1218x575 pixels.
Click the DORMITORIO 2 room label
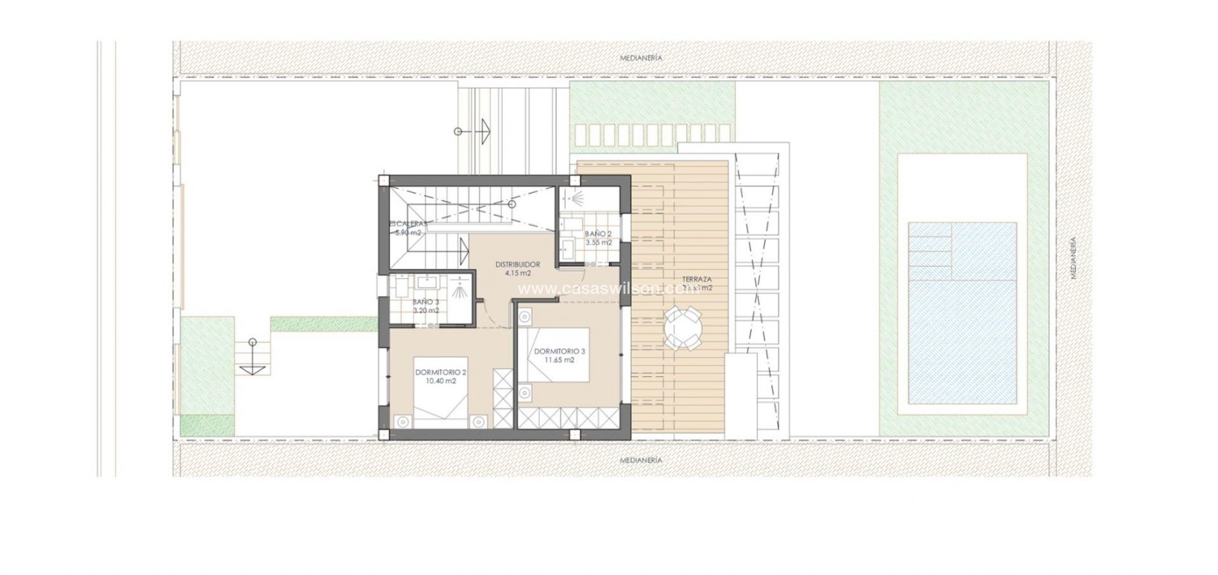pyautogui.click(x=442, y=372)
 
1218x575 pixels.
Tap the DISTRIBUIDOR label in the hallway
pyautogui.click(x=518, y=264)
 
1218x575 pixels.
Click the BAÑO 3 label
pyautogui.click(x=425, y=301)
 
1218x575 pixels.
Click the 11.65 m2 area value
pyautogui.click(x=559, y=360)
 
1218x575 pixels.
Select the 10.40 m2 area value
pyautogui.click(x=442, y=381)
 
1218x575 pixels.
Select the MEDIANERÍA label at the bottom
pyautogui.click(x=640, y=460)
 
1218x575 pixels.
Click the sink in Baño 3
pyautogui.click(x=429, y=282)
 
